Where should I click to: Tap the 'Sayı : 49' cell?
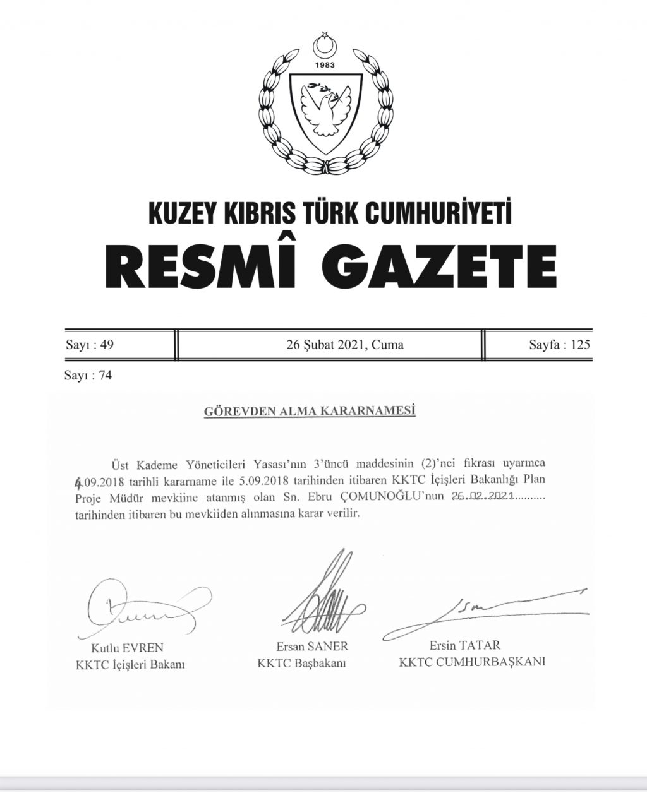(89, 345)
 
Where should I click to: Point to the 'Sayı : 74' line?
(88, 376)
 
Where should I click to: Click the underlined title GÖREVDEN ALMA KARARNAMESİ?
(310, 412)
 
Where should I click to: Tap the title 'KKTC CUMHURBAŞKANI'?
(472, 662)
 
